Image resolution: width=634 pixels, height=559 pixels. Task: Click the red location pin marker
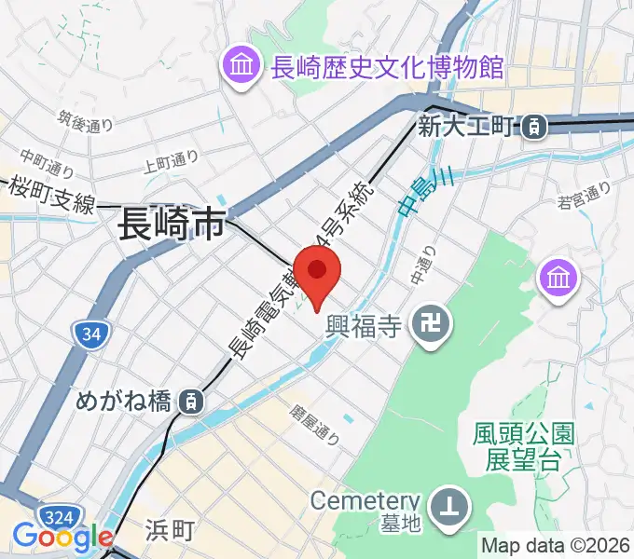click(x=319, y=272)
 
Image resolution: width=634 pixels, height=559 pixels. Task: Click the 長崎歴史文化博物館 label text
click(x=386, y=67)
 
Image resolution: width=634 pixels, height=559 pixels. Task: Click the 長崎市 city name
click(x=172, y=225)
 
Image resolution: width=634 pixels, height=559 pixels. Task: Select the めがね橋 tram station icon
click(x=191, y=402)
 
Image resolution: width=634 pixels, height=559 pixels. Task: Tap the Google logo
click(x=62, y=538)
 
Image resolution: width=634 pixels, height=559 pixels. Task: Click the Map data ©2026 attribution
click(x=556, y=545)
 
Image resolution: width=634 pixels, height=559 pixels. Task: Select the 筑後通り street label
click(x=85, y=123)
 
